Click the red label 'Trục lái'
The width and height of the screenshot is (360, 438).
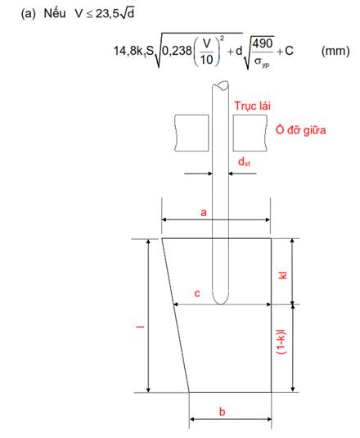click(x=252, y=106)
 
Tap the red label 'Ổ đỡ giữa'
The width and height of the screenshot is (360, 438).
click(x=300, y=130)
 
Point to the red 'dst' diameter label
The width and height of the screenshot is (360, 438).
click(x=244, y=162)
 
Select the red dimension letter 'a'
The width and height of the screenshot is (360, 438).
click(x=204, y=213)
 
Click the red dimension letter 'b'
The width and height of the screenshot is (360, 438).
click(x=223, y=412)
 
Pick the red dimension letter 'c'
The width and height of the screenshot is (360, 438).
click(x=197, y=294)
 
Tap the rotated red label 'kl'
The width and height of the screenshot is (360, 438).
click(x=283, y=275)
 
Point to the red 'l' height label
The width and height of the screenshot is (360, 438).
click(x=141, y=327)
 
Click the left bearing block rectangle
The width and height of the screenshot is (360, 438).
click(x=191, y=133)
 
